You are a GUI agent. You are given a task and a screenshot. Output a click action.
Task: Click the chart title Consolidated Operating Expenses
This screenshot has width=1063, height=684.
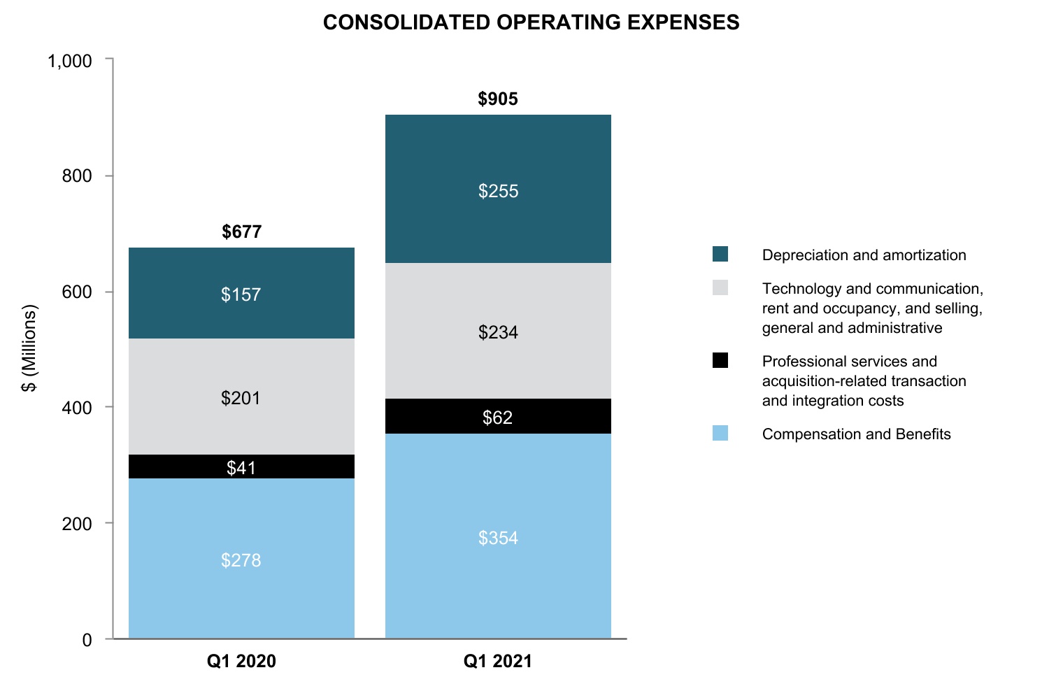tap(531, 22)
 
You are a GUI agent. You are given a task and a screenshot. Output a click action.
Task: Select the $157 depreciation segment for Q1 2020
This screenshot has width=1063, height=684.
tap(241, 294)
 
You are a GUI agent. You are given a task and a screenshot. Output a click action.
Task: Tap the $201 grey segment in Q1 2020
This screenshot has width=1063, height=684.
tap(241, 397)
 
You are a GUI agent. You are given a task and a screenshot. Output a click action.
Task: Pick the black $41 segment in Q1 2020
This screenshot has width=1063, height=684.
tap(241, 467)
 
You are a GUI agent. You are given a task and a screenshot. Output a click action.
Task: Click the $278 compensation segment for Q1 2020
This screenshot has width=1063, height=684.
tap(241, 560)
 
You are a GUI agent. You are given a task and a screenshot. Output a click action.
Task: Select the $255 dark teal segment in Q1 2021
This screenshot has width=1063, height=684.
tap(498, 190)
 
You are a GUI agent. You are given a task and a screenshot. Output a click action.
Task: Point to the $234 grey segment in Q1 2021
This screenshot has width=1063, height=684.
tap(498, 332)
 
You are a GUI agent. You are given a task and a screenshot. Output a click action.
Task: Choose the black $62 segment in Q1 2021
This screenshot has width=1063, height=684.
tap(498, 417)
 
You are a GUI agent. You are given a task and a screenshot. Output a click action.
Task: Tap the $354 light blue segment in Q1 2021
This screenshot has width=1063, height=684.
tap(498, 537)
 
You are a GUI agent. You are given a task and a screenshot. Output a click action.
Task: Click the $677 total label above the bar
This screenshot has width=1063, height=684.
tap(241, 231)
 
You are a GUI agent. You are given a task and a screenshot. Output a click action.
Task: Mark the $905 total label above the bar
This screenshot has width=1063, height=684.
tap(498, 99)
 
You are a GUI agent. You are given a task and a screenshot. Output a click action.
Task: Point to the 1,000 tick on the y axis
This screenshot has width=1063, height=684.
tap(70, 62)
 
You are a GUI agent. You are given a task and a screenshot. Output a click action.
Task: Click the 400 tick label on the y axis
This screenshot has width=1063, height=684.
tap(77, 408)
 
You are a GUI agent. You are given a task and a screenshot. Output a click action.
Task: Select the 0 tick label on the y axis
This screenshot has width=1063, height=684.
tap(87, 640)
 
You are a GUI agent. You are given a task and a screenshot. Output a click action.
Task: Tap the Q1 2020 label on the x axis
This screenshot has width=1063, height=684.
tap(241, 661)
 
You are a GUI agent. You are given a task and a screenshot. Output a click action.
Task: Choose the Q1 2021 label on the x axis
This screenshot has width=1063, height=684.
tap(498, 661)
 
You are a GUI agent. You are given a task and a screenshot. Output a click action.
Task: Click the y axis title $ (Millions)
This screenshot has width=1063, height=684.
tap(29, 348)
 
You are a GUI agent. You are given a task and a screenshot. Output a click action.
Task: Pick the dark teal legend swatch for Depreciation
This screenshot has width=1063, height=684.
tap(720, 254)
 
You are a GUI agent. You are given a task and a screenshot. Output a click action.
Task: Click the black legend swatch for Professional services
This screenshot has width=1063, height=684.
tap(720, 360)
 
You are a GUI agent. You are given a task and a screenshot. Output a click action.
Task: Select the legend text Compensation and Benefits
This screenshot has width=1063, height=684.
tap(856, 434)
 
